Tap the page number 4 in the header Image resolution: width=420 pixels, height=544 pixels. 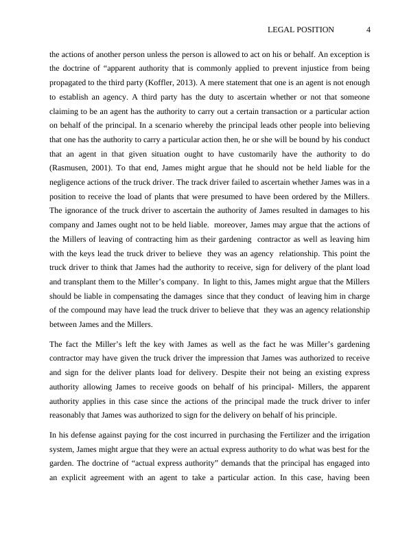point(369,30)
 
